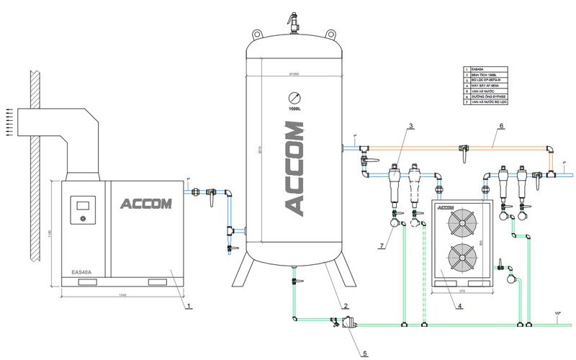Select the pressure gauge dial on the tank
pyautogui.click(x=292, y=98)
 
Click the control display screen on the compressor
pyautogui.click(x=80, y=206)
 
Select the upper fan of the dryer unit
pyautogui.click(x=459, y=222)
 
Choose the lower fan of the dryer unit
pyautogui.click(x=459, y=259)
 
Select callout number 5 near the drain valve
pyautogui.click(x=363, y=353)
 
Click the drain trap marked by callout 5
pyautogui.click(x=348, y=325)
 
